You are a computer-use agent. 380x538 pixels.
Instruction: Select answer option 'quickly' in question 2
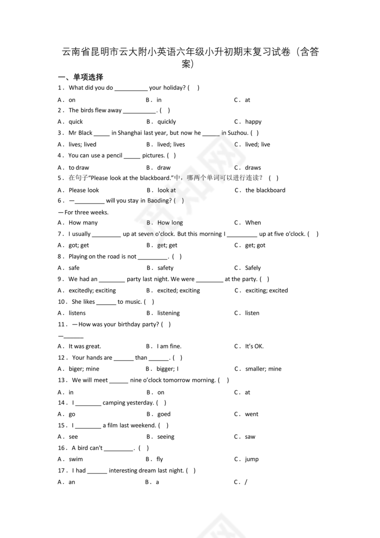click(x=167, y=122)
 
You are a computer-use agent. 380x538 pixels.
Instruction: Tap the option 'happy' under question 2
click(x=253, y=122)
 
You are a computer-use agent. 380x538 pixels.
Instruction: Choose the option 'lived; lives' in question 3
click(x=171, y=144)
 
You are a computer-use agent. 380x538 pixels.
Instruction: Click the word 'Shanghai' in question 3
click(x=130, y=133)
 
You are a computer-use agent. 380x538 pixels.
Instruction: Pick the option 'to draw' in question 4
click(x=79, y=168)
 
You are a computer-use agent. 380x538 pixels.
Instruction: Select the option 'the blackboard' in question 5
click(x=265, y=190)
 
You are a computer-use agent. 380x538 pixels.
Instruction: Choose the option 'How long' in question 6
click(x=170, y=223)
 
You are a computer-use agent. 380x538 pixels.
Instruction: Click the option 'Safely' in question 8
click(x=253, y=268)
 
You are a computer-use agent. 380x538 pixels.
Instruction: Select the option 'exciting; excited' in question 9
click(x=266, y=291)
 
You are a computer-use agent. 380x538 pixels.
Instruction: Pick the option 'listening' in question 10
click(x=168, y=313)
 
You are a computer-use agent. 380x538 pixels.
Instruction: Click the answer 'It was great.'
click(x=85, y=346)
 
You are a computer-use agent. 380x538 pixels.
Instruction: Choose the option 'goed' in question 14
click(x=164, y=414)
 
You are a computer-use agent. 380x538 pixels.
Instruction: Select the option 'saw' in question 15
click(x=250, y=437)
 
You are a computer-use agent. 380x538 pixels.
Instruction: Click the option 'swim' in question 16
click(x=76, y=459)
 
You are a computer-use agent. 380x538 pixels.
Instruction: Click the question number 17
click(x=63, y=470)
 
